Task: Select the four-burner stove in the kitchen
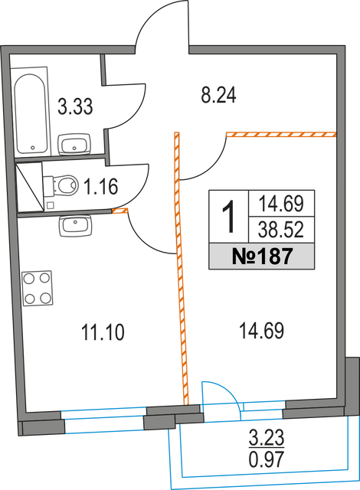click(x=38, y=288)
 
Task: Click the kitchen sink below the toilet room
click(x=75, y=226)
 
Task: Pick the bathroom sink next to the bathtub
click(x=74, y=144)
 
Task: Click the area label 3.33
click(x=75, y=106)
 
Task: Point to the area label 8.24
click(x=218, y=95)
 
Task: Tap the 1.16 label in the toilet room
click(x=101, y=186)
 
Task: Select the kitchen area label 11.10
click(x=103, y=332)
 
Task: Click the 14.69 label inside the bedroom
click(x=261, y=331)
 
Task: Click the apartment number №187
click(x=262, y=256)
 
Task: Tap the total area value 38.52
click(x=281, y=230)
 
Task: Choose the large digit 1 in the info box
click(x=229, y=216)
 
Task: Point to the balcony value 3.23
click(x=267, y=437)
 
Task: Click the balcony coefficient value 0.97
click(x=267, y=459)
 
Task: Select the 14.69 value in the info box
click(x=281, y=204)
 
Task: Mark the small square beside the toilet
click(x=50, y=205)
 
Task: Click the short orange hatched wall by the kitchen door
click(x=120, y=211)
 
